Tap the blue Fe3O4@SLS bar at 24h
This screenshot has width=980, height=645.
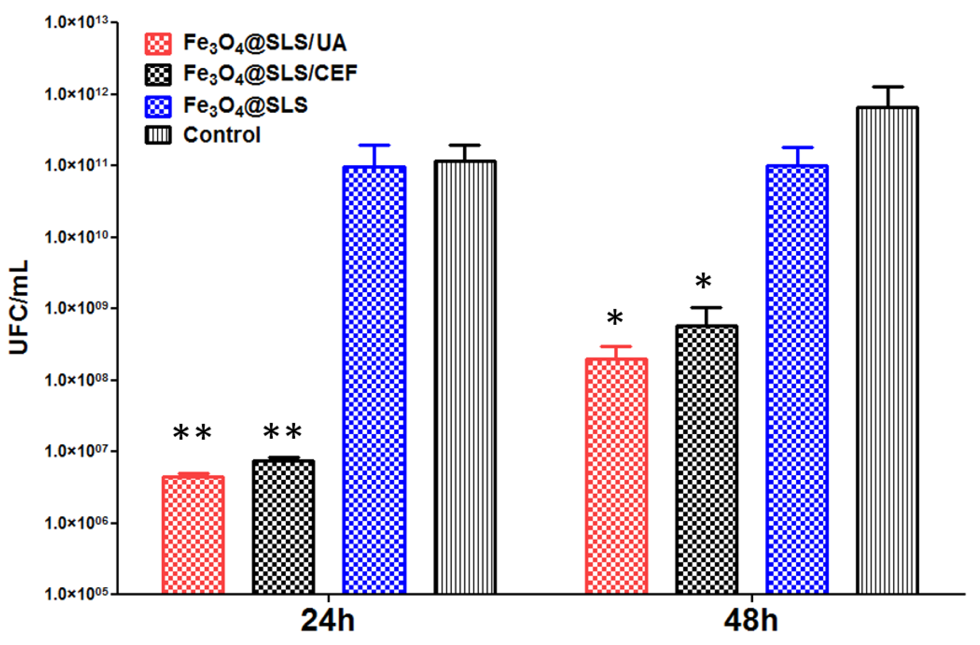tap(374, 379)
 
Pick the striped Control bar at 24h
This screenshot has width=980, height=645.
tap(465, 377)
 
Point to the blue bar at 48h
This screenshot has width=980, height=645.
tap(797, 379)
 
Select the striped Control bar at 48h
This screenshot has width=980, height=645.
tap(887, 350)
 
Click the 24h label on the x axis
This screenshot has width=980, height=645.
tap(328, 620)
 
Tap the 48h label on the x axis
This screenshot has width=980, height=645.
tap(751, 620)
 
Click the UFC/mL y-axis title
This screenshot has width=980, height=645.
tap(19, 307)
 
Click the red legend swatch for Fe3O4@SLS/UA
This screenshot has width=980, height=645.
tap(158, 44)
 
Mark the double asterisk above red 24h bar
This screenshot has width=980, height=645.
tap(192, 433)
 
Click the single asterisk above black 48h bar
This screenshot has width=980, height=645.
tap(703, 281)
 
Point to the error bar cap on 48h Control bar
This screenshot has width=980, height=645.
tap(888, 87)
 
